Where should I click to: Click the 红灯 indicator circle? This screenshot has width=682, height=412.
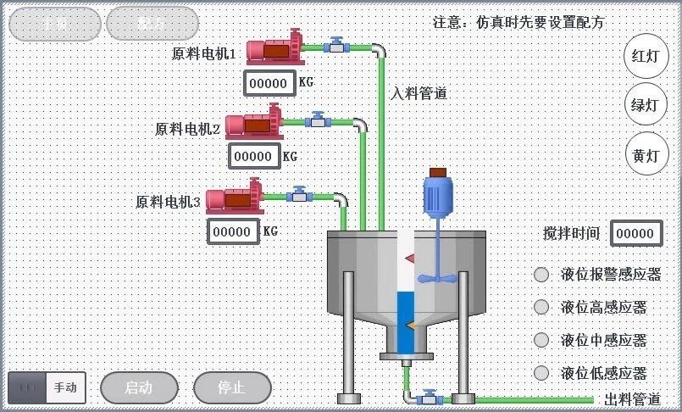(646, 57)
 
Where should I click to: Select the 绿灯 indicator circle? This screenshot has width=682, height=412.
(646, 106)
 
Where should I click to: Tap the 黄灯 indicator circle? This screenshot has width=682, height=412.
(646, 155)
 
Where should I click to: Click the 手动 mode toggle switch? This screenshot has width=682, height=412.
(47, 388)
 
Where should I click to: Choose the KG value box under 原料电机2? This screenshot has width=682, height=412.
(253, 156)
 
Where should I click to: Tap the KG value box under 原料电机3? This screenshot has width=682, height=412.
(233, 231)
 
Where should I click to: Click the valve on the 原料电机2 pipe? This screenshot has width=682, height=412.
(319, 120)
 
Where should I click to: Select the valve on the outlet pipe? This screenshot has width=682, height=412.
(430, 398)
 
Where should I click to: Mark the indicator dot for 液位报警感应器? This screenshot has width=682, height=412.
(541, 274)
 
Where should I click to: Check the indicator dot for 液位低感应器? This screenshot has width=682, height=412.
(541, 372)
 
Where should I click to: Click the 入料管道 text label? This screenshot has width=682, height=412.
(419, 93)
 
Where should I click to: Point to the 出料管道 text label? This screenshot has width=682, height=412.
(632, 399)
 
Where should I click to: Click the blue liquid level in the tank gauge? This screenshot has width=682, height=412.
(406, 322)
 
